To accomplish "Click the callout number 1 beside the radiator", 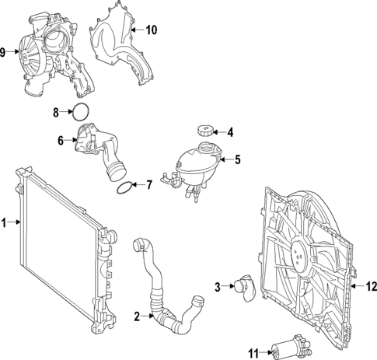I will tap(5, 223).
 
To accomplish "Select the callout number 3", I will tap(218, 287).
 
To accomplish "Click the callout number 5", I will tap(238, 159).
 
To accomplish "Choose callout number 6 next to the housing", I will tap(60, 141).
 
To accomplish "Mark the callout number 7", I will tap(149, 184).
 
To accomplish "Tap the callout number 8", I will tap(56, 112).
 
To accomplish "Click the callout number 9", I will tap(4, 52).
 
